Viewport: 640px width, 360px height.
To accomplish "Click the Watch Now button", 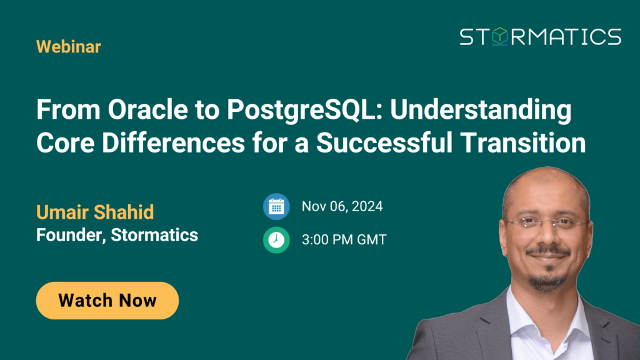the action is [x=107, y=301].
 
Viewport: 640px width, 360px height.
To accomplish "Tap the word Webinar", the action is [x=69, y=46].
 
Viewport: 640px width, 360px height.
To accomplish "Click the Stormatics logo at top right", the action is [x=541, y=37].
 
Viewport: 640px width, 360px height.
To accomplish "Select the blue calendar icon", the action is [x=276, y=206].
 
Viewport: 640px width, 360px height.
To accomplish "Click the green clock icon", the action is [x=276, y=240].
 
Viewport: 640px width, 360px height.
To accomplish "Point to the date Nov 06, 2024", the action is [x=342, y=206].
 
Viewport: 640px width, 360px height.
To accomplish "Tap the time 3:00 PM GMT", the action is [x=344, y=239].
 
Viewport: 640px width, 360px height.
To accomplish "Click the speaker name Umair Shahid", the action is [x=95, y=212].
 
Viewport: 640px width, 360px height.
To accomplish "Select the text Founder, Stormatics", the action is [x=117, y=235].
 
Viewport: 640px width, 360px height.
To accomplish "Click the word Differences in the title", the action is [x=173, y=143].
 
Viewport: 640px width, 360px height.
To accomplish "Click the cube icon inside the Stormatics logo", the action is [x=499, y=36].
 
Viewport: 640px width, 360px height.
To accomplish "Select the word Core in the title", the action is [x=65, y=143].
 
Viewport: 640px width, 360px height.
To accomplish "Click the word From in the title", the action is [x=68, y=110].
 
